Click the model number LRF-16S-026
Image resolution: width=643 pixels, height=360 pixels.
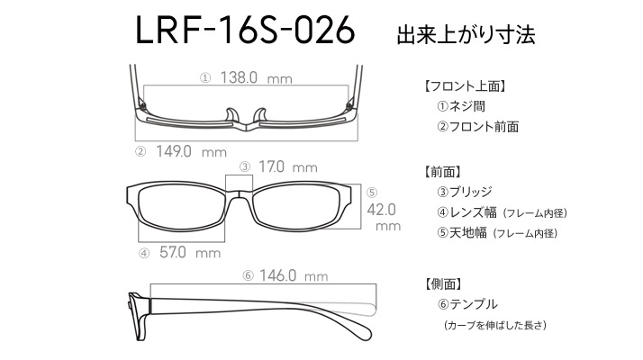click(245, 30)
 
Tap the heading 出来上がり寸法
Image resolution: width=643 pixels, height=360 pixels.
click(466, 35)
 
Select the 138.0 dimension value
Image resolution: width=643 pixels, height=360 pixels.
click(239, 77)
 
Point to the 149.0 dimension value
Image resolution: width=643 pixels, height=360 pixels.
click(174, 151)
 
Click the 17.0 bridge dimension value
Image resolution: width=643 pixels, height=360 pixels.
click(271, 166)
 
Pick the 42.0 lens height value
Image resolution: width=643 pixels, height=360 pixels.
click(381, 210)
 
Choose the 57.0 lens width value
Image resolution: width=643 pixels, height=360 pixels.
click(173, 252)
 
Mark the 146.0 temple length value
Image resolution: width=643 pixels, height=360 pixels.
click(277, 275)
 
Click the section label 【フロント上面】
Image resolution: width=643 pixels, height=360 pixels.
click(465, 86)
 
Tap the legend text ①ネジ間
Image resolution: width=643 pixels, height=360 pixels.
click(461, 106)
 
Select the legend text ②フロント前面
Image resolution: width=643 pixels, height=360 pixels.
click(477, 126)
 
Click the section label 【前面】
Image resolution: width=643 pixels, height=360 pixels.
click(442, 171)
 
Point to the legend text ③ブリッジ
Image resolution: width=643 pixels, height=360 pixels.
click(464, 192)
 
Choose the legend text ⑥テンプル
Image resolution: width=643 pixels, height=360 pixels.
click(467, 304)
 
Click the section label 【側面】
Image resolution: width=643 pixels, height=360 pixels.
click(442, 283)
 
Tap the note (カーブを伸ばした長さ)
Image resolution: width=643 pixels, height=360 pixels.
click(495, 325)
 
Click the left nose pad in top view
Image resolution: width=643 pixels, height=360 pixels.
click(231, 115)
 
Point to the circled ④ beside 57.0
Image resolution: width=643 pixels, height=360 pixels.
click(144, 253)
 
